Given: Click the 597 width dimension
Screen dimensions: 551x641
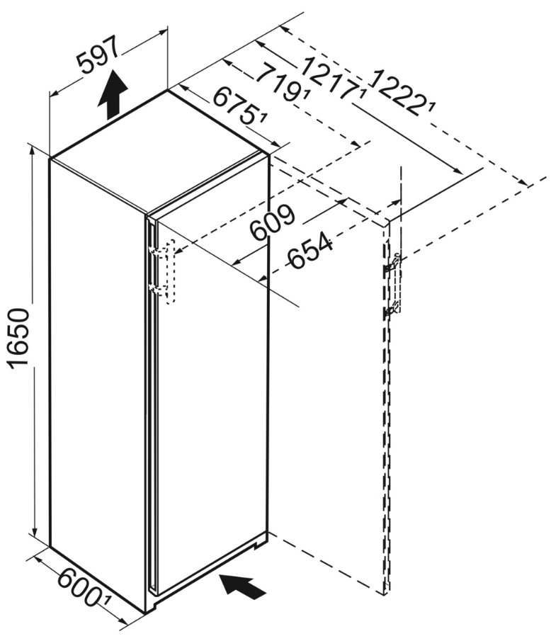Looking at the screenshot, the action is tap(98, 55).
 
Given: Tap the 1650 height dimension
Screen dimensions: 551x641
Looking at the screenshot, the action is tap(20, 339).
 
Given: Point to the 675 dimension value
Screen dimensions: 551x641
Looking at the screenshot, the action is tap(237, 106).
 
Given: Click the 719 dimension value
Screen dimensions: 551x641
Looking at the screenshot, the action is tap(282, 81).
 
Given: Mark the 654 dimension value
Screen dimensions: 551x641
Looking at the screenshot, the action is tap(309, 250).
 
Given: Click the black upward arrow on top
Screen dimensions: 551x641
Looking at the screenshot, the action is tap(112, 95).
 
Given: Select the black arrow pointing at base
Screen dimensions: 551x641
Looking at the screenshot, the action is tap(243, 586).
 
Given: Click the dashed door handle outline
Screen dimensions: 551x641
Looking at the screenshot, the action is tap(170, 271).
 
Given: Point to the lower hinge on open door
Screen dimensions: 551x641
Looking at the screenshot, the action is tap(392, 310).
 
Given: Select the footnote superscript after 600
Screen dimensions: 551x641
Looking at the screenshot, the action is tap(107, 600).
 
